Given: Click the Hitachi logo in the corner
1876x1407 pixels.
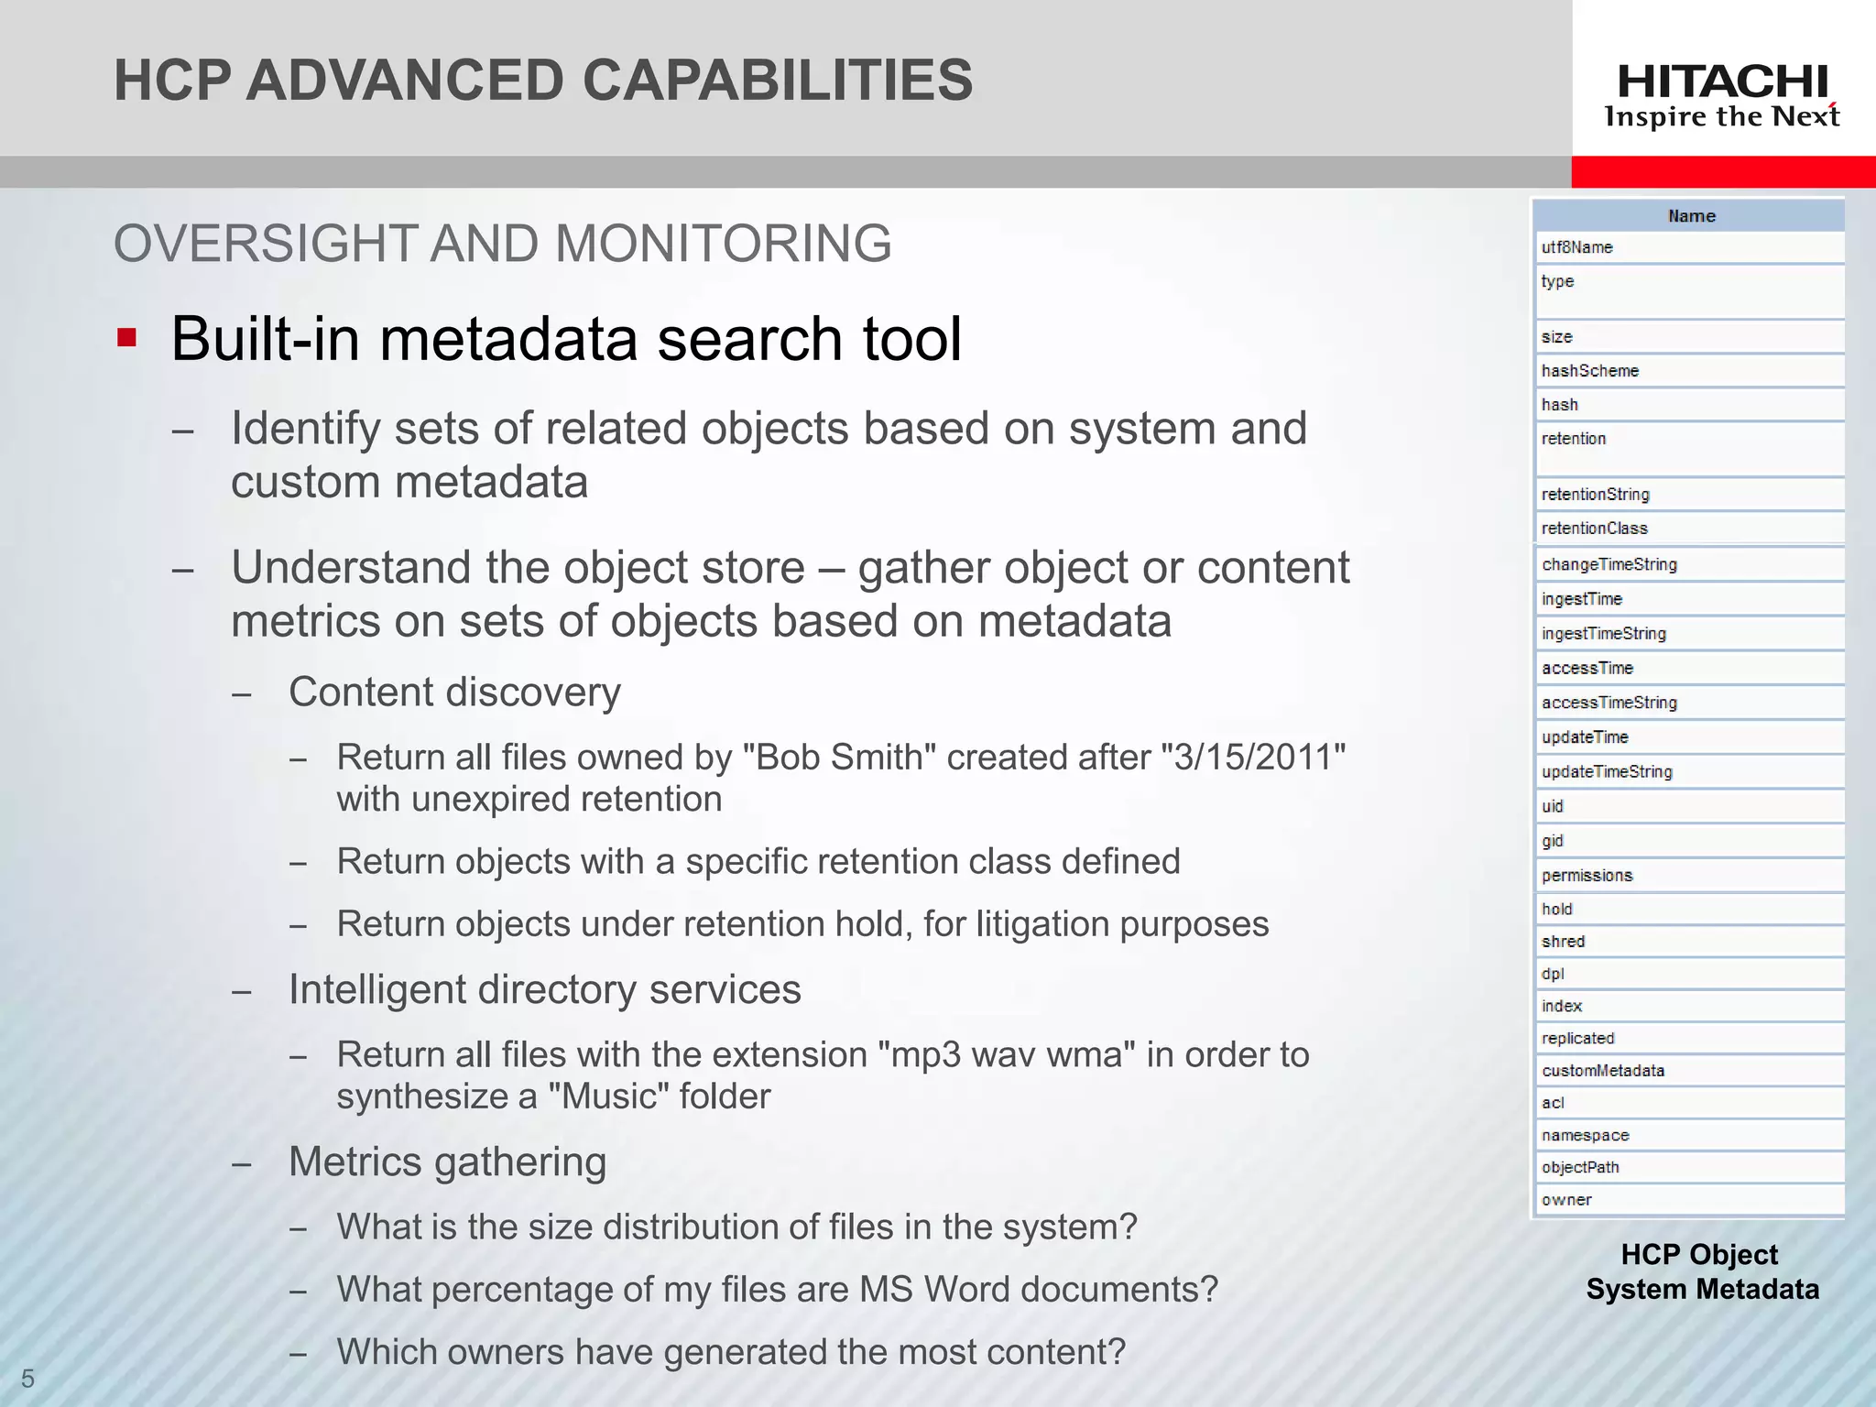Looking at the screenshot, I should [x=1722, y=95].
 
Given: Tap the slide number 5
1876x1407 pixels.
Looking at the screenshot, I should [x=27, y=1379].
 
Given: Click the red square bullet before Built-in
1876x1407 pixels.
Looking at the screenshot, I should [x=126, y=339].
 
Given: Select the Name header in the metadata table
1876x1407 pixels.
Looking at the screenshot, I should [x=1691, y=216].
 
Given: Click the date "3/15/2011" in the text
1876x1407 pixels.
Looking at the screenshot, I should [x=1252, y=758].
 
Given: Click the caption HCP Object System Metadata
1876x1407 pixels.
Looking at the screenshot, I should [x=1701, y=1271].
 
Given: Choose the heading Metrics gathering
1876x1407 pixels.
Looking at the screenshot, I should [x=447, y=1162].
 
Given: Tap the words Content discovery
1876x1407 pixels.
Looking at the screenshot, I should [x=454, y=692].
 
